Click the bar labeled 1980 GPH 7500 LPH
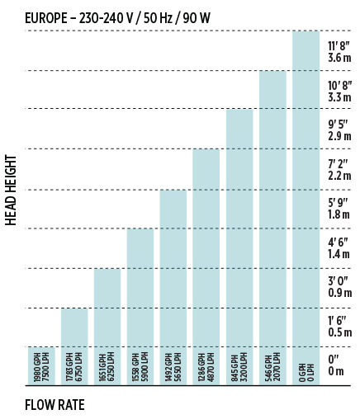pyautogui.click(x=41, y=366)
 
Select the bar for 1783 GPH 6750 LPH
pyautogui.click(x=74, y=346)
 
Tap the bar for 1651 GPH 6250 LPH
pyautogui.click(x=107, y=327)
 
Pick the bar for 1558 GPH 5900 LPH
pyautogui.click(x=140, y=307)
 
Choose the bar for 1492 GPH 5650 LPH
pyautogui.click(x=173, y=287)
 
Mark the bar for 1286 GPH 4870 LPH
pyautogui.click(x=206, y=266)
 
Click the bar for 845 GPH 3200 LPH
pyautogui.click(x=239, y=247)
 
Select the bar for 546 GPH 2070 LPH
pyautogui.click(x=272, y=228)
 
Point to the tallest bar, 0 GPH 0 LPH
pyautogui.click(x=306, y=208)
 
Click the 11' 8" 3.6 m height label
pyautogui.click(x=339, y=52)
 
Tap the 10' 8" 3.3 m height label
pyautogui.click(x=340, y=92)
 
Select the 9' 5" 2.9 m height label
pyautogui.click(x=339, y=130)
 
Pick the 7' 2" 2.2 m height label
pyautogui.click(x=339, y=170)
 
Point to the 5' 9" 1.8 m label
pyautogui.click(x=339, y=209)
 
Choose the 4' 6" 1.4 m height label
pyautogui.click(x=339, y=248)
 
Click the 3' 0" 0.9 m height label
pyautogui.click(x=340, y=287)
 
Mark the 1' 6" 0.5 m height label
pyautogui.click(x=340, y=327)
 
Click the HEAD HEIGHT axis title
pyautogui.click(x=11, y=191)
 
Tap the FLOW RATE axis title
pyautogui.click(x=54, y=405)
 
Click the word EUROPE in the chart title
pyautogui.click(x=46, y=18)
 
